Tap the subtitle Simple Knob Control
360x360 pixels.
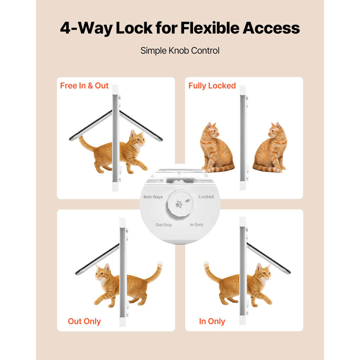point(180,50)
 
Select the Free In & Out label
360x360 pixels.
point(85,85)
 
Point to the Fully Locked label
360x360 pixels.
point(212,85)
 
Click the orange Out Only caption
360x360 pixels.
point(84,321)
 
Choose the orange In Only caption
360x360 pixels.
point(212,321)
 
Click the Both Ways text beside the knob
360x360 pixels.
point(153,197)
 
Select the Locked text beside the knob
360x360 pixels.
point(206,197)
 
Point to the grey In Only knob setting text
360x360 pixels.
point(197,225)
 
